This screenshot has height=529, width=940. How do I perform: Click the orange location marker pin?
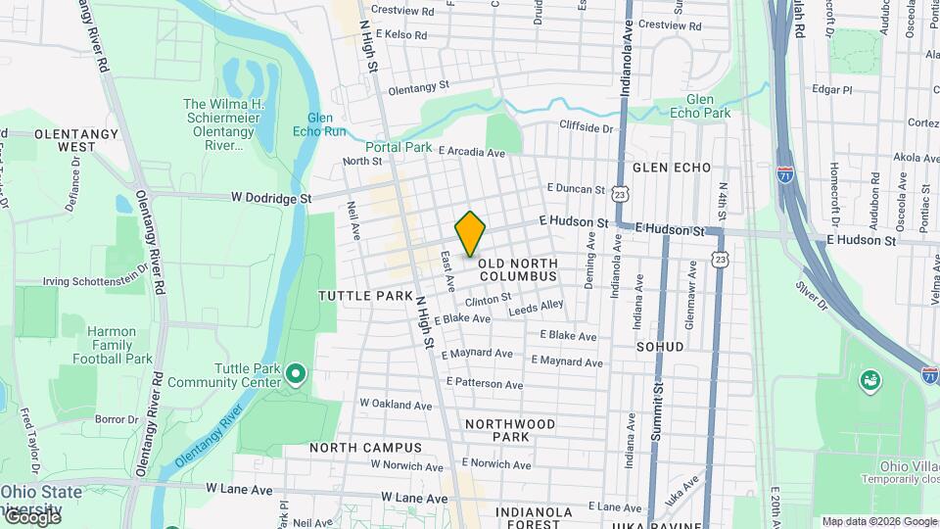[470, 233]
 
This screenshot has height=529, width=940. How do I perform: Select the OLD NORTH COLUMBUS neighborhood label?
[518, 269]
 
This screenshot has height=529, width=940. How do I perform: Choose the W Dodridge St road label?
[271, 198]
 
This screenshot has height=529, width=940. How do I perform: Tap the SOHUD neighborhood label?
[660, 347]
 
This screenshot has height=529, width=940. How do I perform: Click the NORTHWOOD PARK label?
[510, 430]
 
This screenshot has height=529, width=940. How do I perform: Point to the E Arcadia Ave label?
[472, 152]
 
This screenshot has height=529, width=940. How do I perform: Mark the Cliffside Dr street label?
[586, 127]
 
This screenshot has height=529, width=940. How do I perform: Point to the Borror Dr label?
[117, 419]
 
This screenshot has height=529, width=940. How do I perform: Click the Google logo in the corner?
[31, 517]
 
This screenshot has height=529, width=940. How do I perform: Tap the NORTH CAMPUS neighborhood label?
[365, 448]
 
